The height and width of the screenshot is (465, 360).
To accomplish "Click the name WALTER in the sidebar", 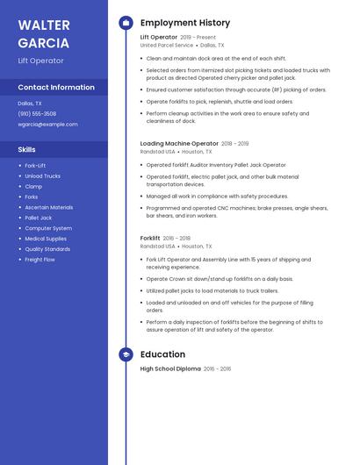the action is click(44, 24).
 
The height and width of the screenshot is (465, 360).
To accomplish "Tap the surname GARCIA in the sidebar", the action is click(43, 42).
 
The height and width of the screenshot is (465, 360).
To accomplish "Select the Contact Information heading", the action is click(56, 88).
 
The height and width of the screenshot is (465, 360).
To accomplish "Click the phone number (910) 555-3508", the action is click(37, 114).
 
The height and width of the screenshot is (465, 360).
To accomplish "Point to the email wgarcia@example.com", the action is click(47, 125).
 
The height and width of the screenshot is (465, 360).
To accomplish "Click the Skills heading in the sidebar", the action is click(27, 150).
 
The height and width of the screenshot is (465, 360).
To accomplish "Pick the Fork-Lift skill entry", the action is click(36, 166).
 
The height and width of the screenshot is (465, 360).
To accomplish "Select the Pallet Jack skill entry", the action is click(39, 218).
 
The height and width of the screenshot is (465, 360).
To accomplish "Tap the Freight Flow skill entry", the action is click(40, 260).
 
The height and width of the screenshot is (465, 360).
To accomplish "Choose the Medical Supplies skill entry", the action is click(46, 239).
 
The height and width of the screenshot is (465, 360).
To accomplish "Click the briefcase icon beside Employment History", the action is click(126, 23).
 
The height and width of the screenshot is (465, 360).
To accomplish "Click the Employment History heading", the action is click(185, 23).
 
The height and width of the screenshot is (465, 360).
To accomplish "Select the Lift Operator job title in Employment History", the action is click(159, 38).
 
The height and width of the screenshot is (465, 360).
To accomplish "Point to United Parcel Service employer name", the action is click(167, 46).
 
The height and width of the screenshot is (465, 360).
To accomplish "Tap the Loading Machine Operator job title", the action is click(179, 143).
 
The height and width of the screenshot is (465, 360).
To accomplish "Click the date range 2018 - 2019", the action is click(235, 143).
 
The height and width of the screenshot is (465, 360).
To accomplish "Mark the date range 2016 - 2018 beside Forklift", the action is click(177, 238).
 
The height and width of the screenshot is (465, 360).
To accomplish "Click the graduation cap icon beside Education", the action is click(126, 354).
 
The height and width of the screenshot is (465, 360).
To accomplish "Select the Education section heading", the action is click(162, 354).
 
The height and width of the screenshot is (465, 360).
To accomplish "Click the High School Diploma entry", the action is click(170, 369).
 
